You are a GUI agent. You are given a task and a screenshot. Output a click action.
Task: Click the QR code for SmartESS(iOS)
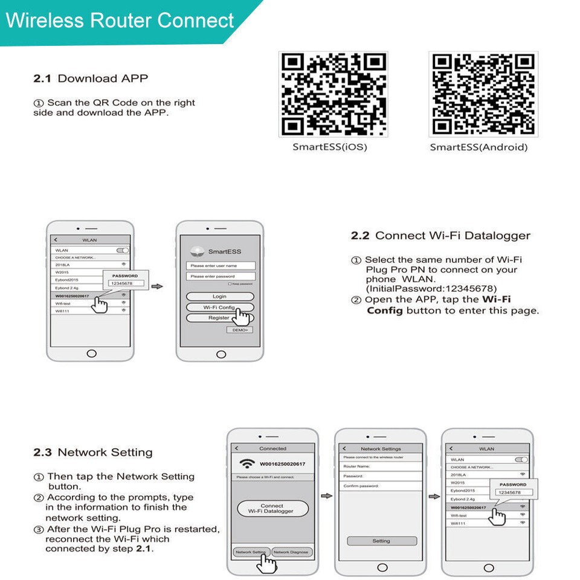(333, 94)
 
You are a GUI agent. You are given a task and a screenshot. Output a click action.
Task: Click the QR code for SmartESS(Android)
(483, 94)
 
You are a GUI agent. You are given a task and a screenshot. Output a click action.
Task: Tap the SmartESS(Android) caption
(478, 147)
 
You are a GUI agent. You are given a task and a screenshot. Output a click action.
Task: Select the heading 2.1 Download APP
(91, 79)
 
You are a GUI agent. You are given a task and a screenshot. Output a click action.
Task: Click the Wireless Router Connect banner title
(120, 21)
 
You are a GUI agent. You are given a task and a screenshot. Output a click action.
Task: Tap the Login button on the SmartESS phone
(219, 297)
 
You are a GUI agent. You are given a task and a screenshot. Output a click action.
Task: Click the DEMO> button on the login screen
(239, 330)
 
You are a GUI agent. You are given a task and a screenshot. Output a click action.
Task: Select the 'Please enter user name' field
(220, 265)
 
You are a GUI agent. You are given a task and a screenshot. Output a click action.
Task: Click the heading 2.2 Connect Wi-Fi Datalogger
(440, 236)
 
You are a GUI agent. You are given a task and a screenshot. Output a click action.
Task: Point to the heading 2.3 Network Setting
(93, 453)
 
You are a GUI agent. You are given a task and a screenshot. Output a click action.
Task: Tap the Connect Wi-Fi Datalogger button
(272, 509)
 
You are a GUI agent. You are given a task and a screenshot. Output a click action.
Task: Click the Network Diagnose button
(291, 552)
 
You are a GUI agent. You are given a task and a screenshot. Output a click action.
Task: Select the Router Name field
(381, 466)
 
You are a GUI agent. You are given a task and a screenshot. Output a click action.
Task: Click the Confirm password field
(381, 486)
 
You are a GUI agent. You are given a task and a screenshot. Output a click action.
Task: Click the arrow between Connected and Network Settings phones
(326, 496)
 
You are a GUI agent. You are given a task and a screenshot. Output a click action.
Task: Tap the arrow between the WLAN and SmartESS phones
(156, 286)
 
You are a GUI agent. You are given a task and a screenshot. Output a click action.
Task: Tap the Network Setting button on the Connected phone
(251, 552)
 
